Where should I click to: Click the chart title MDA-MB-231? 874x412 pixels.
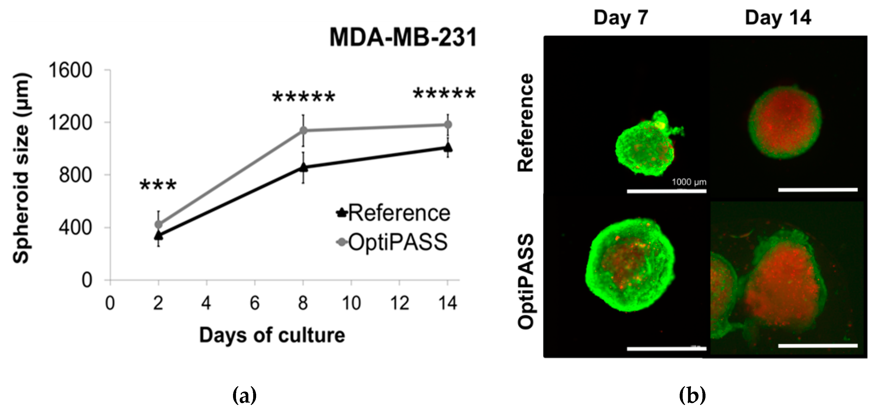click(x=403, y=37)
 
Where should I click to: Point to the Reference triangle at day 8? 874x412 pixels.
click(x=304, y=167)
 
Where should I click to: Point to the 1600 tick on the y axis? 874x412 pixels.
click(x=70, y=70)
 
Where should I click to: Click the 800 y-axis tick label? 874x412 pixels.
click(x=75, y=175)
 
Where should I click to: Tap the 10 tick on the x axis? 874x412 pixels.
click(x=351, y=303)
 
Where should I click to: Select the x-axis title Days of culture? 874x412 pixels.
click(x=272, y=335)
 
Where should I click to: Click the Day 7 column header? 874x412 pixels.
click(x=621, y=18)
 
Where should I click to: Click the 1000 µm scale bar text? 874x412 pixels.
click(x=689, y=182)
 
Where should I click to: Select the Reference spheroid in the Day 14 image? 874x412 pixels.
click(x=785, y=122)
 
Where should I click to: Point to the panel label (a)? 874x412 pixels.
click(x=244, y=396)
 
